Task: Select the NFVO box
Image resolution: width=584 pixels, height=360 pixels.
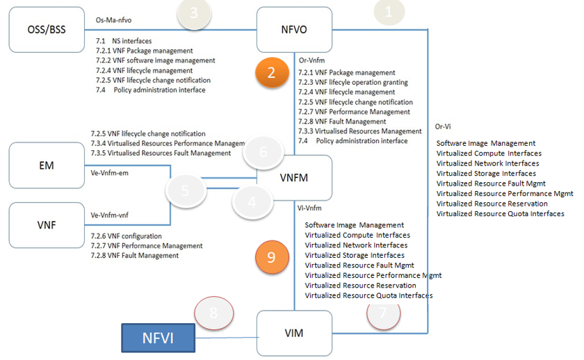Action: [294, 30]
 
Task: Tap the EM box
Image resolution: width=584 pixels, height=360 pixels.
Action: [47, 165]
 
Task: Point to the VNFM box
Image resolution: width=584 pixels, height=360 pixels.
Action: [294, 178]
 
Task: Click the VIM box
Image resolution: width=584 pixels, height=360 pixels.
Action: [294, 333]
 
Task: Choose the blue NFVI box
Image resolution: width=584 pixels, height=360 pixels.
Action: [157, 338]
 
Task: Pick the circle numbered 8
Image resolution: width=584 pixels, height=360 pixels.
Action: [213, 312]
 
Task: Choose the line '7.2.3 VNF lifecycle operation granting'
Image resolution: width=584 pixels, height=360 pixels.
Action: [352, 82]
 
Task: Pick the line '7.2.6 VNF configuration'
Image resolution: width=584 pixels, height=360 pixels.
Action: [127, 236]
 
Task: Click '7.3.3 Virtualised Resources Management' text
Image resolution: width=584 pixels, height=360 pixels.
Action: [359, 131]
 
